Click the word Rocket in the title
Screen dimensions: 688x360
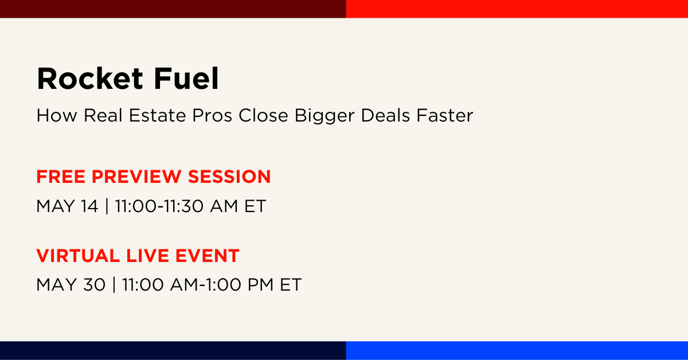[89, 79]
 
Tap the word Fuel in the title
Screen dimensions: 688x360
[186, 79]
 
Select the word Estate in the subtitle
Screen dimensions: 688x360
[157, 115]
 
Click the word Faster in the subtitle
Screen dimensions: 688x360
[445, 115]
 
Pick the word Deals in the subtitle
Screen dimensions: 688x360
[385, 115]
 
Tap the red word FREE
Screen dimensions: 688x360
[61, 177]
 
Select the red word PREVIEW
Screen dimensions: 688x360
[136, 177]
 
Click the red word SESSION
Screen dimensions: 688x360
[229, 177]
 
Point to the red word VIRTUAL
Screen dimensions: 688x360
[78, 256]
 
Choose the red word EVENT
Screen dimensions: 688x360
[208, 256]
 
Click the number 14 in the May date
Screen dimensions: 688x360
[89, 206]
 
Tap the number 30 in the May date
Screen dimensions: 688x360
[94, 284]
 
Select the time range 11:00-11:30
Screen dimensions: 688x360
[159, 206]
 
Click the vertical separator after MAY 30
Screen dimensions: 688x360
[114, 284]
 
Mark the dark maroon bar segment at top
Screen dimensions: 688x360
[173, 9]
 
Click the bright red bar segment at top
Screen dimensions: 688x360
[517, 9]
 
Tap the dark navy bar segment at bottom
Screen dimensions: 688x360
[173, 350]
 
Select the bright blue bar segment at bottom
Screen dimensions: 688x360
[517, 350]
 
